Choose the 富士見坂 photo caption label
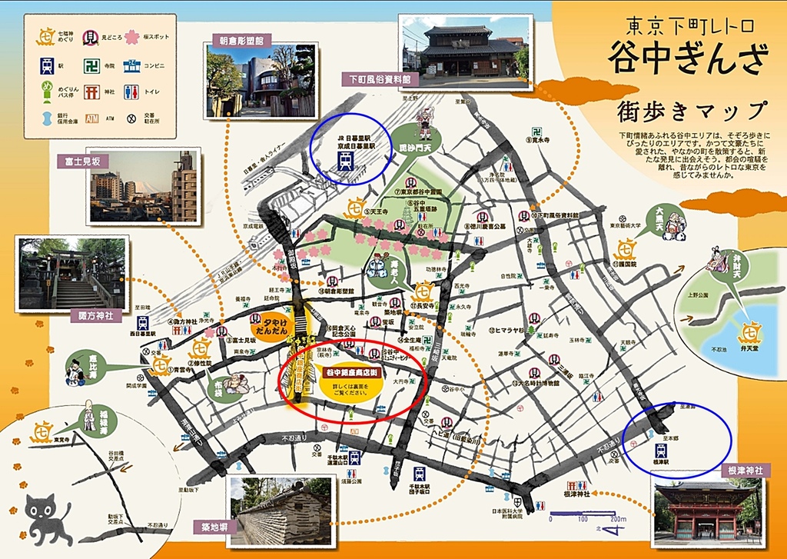tap(82, 161)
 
